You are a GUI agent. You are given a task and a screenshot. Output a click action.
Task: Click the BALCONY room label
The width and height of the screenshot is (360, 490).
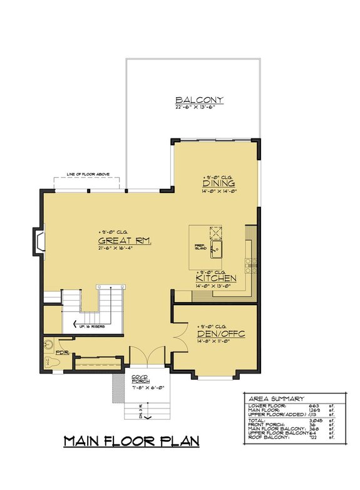pyautogui.click(x=199, y=100)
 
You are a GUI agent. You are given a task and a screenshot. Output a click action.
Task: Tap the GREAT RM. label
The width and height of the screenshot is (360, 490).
pyautogui.click(x=125, y=241)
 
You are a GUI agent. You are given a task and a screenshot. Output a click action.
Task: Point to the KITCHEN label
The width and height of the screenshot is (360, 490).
pyautogui.click(x=216, y=278)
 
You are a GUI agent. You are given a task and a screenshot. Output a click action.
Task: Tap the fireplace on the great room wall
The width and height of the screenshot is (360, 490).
pyautogui.click(x=39, y=243)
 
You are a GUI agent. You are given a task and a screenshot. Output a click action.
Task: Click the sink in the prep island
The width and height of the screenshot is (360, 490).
pyautogui.click(x=215, y=251)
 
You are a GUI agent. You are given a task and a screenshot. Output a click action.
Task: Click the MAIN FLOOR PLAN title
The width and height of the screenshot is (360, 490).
pyautogui.click(x=131, y=442)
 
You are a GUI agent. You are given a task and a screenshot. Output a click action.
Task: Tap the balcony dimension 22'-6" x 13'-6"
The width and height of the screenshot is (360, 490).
pyautogui.click(x=199, y=108)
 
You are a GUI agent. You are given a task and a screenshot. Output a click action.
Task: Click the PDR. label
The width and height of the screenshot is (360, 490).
pyautogui.click(x=61, y=352)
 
